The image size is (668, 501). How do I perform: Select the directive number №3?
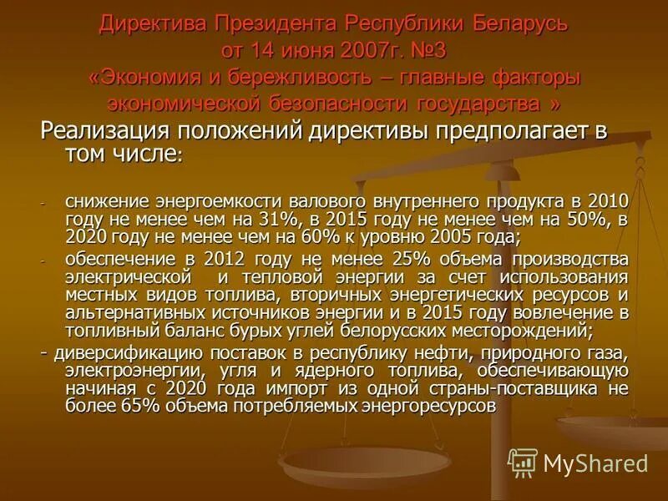(426, 50)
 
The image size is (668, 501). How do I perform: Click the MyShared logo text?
(595, 463)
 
